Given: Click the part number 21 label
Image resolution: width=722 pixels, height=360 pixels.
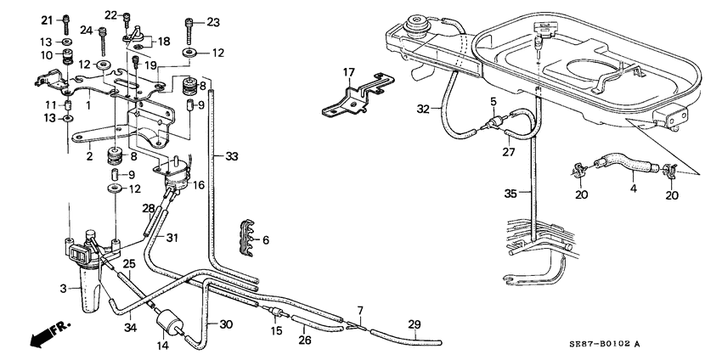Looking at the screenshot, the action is tap(48, 20).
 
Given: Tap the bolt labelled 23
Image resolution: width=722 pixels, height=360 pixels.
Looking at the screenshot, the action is tap(189, 31).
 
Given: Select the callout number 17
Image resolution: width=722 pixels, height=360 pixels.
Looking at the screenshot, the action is tap(348, 72).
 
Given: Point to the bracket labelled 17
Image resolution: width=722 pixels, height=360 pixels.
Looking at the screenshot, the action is tap(358, 96).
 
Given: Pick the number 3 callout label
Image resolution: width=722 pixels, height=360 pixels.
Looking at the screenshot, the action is tap(64, 290).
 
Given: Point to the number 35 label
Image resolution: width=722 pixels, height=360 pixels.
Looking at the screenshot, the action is tap(511, 194).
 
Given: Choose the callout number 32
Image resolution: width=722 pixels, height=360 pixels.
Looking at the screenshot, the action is tap(423, 110).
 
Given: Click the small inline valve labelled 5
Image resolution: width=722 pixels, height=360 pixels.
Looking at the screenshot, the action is tap(495, 123).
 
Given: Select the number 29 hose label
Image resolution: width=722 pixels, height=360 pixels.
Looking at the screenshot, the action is tap(415, 324).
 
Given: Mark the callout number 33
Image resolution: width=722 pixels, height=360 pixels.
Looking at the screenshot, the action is tap(232, 156).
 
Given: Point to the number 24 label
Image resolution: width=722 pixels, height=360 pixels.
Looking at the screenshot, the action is tap(87, 31).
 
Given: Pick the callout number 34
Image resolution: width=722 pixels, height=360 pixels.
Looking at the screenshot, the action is tap(131, 328).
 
